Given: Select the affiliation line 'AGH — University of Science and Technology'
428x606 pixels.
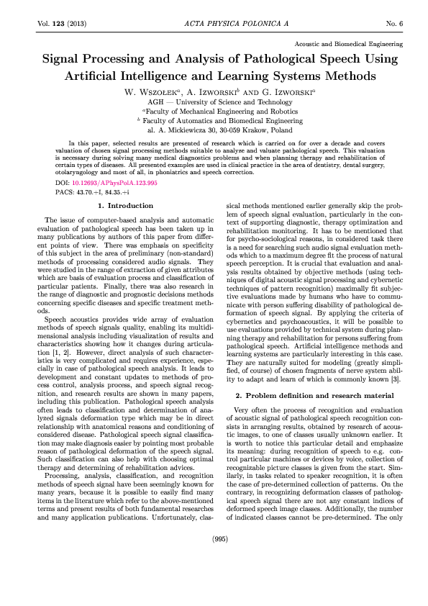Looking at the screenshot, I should click(219, 102).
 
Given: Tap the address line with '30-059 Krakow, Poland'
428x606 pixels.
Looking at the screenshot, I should click(219, 131).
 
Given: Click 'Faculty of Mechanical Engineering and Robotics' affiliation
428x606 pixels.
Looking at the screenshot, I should click(219, 112).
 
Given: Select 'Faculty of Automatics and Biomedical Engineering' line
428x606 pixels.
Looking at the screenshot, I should click(219, 121).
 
